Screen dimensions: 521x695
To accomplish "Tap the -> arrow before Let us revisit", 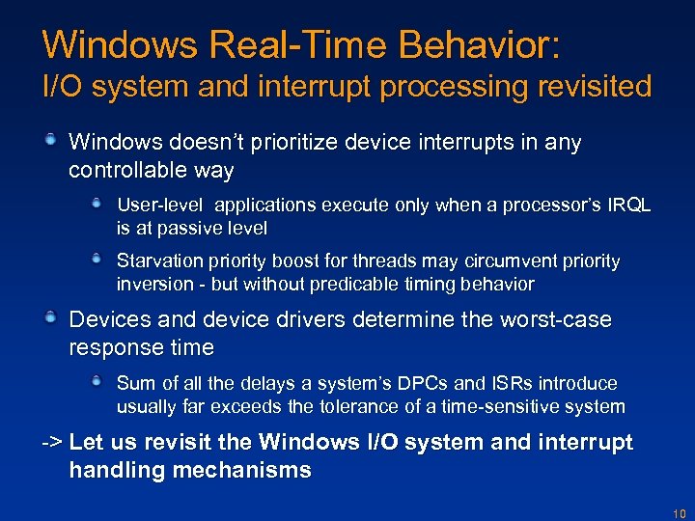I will [52, 443].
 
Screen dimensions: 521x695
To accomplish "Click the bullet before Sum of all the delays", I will [97, 382].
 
